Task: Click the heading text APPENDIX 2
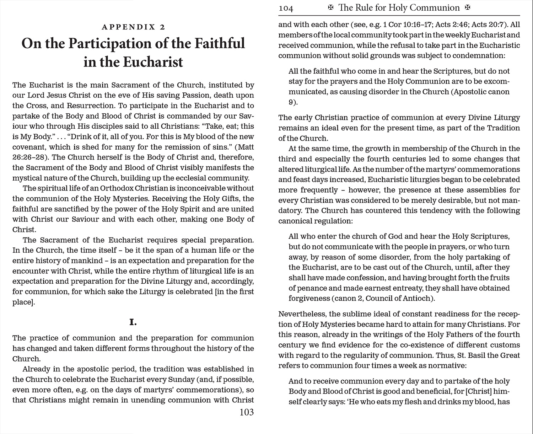click(x=133, y=27)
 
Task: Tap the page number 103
click(x=247, y=412)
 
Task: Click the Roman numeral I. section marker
click(x=133, y=322)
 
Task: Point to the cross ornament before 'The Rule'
click(x=330, y=8)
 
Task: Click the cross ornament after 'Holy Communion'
click(x=468, y=8)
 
